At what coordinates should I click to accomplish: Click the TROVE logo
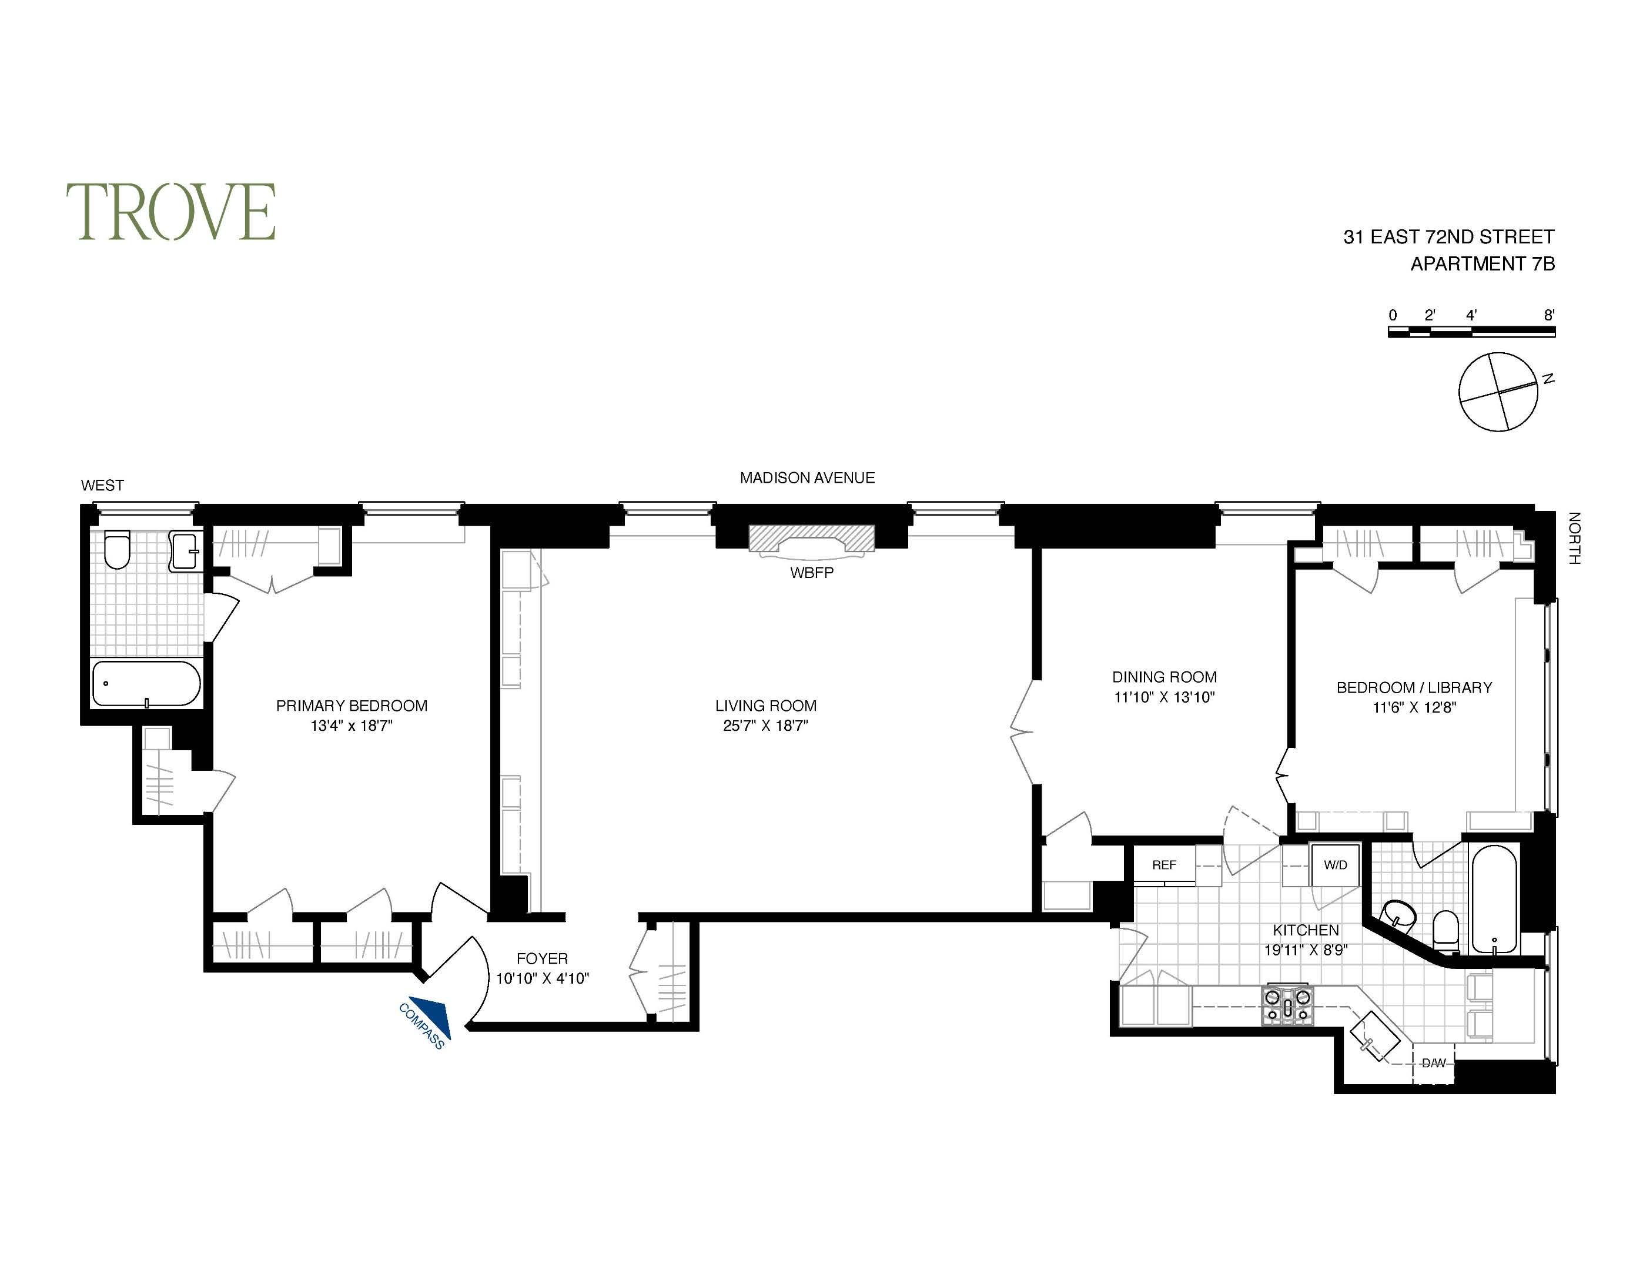171,212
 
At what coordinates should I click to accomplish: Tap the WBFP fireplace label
812,573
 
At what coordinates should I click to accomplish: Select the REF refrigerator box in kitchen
1164,865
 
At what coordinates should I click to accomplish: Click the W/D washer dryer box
1336,865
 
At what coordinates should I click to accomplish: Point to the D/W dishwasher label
1433,1063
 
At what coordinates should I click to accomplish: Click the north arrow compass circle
1497,392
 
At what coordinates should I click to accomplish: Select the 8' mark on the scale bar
1549,316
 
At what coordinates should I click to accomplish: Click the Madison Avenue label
807,478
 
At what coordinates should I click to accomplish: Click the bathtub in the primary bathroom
146,683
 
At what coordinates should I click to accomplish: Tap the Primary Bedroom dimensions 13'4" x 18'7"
352,726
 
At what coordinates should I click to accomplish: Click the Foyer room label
541,958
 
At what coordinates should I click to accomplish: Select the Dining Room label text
1164,676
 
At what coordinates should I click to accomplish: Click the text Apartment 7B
1482,264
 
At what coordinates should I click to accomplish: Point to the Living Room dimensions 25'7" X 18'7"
766,726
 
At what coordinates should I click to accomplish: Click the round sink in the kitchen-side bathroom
1399,915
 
